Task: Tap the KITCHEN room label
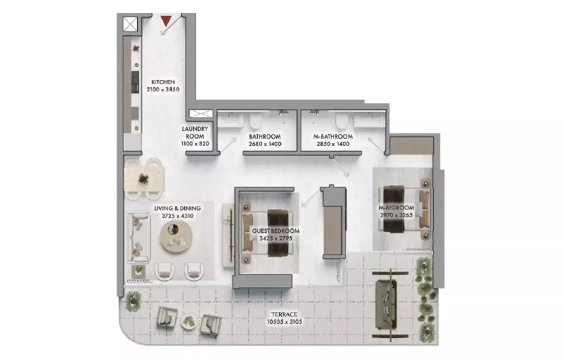163,82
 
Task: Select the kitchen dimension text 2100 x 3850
163,90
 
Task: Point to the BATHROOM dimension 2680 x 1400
264,144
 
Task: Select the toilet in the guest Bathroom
255,122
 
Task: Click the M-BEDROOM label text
396,207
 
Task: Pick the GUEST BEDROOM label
275,231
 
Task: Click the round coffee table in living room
176,235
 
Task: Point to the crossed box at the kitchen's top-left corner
129,23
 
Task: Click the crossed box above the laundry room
200,114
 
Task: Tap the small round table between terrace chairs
189,320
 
